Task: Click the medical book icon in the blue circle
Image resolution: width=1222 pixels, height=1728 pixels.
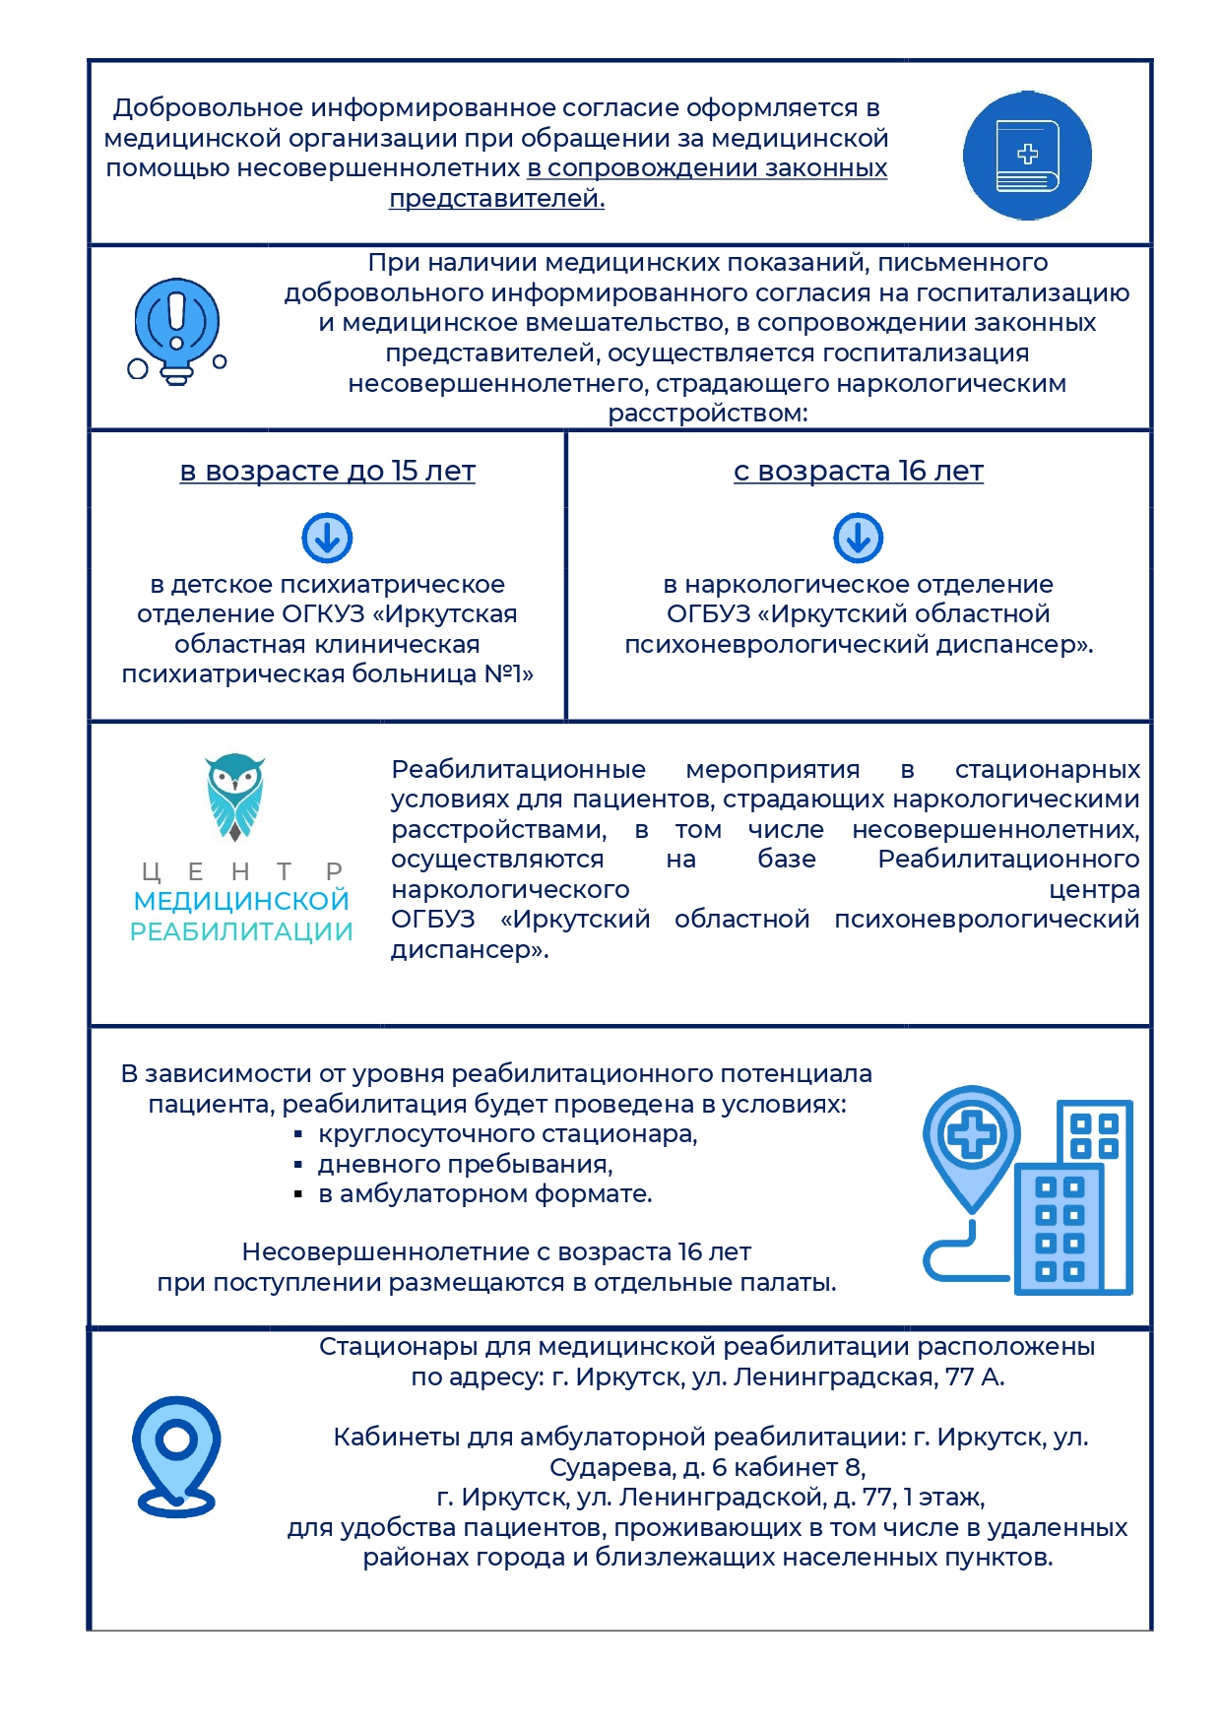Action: (x=1027, y=156)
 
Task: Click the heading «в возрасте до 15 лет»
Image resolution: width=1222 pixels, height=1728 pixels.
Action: (x=327, y=472)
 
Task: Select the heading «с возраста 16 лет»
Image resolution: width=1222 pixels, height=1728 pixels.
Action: (x=858, y=472)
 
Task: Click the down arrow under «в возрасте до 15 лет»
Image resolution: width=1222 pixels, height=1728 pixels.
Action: (x=327, y=538)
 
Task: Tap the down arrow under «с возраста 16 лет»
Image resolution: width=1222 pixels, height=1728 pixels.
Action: (x=858, y=538)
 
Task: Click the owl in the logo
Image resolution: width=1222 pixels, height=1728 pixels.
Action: (x=235, y=797)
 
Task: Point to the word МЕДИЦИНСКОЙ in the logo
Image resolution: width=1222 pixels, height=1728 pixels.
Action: (x=241, y=901)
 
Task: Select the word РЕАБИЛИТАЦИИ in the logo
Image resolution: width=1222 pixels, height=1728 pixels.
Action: (x=241, y=931)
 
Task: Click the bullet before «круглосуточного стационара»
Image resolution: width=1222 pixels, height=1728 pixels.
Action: (x=297, y=1135)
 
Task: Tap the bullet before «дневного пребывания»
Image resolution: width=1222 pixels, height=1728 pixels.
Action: (x=297, y=1166)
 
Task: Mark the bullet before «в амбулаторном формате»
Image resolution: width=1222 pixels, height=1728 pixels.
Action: (x=297, y=1195)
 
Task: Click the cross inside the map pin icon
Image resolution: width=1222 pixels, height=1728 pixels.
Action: (x=972, y=1135)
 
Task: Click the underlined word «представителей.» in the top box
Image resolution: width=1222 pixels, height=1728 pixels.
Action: (x=496, y=199)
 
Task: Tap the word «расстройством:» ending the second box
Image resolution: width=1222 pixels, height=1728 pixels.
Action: (x=708, y=414)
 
